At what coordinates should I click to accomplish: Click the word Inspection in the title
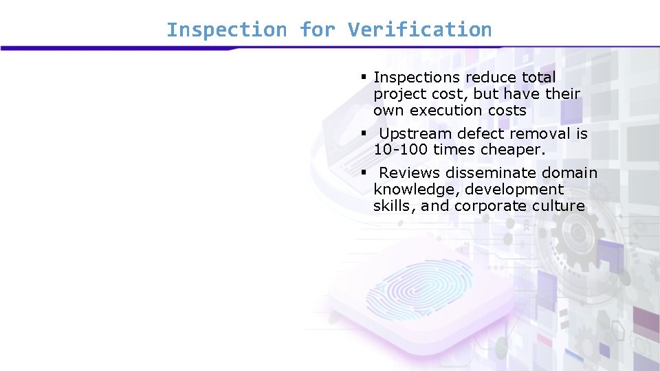tap(226, 30)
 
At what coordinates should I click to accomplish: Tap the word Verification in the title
tap(419, 30)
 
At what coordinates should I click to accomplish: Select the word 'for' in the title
tap(317, 30)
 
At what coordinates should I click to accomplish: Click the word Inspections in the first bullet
tap(417, 78)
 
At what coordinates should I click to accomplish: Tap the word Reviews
tap(410, 173)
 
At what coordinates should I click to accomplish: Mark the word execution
tap(454, 111)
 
